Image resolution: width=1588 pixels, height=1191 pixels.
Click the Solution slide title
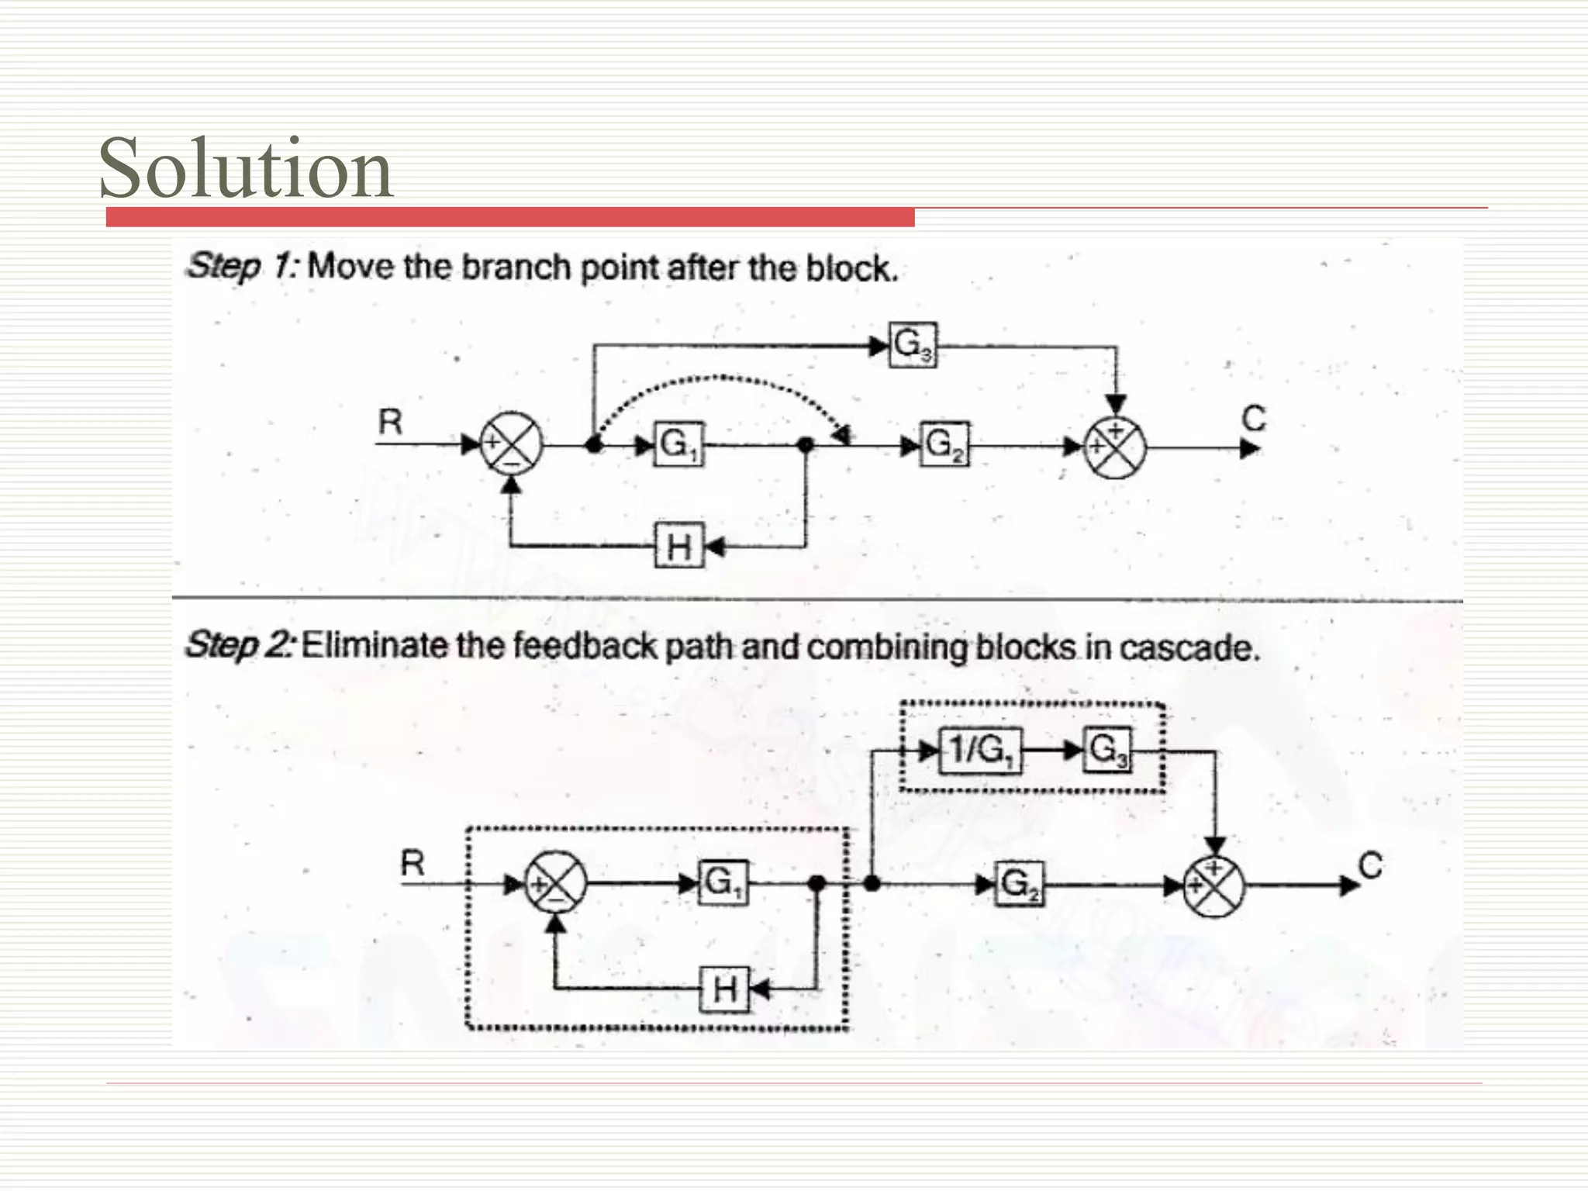tap(246, 168)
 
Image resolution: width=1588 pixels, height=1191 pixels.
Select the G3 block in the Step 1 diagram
tap(913, 345)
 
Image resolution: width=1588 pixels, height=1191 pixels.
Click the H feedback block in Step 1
tap(679, 547)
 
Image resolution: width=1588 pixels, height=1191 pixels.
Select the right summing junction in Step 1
tap(1114, 448)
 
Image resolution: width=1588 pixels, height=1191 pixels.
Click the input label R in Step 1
tap(390, 423)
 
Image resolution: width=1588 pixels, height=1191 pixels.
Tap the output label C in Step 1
tap(1253, 419)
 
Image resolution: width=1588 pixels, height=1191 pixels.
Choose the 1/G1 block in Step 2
tap(980, 751)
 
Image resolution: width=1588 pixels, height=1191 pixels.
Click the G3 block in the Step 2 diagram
tap(1108, 751)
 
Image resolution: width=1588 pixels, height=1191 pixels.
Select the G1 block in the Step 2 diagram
tap(723, 883)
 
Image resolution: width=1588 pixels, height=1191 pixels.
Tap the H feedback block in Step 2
tap(724, 989)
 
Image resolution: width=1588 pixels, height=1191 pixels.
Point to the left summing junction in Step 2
tap(556, 884)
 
